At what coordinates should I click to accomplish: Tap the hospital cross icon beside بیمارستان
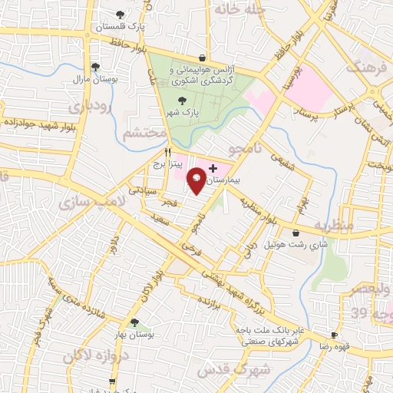click(213, 167)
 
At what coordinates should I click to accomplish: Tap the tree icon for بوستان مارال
click(94, 66)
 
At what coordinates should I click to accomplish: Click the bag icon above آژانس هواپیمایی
click(201, 57)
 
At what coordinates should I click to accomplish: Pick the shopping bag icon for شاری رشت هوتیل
click(296, 233)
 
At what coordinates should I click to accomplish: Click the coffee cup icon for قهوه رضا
click(334, 335)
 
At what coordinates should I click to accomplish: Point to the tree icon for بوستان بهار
click(134, 322)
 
